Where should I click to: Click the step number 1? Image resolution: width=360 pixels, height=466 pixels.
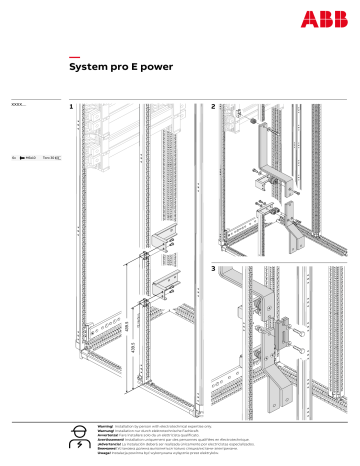point(71,106)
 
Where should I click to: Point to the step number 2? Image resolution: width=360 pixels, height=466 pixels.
point(214,106)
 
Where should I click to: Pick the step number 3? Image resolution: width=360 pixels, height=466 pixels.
point(214,269)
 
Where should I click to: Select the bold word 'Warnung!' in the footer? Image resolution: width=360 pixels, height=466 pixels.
point(96,430)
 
